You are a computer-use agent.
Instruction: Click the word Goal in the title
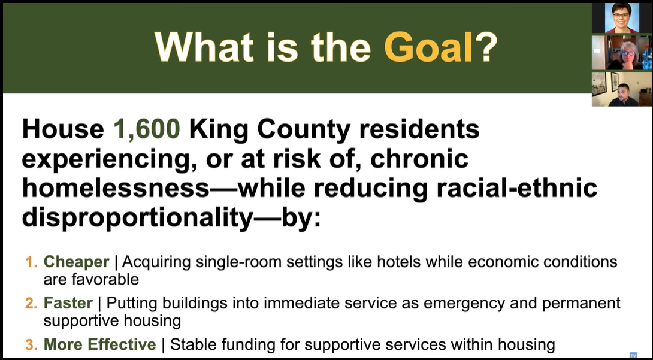(x=429, y=47)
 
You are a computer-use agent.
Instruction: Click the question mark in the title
(x=486, y=47)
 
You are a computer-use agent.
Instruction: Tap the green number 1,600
(x=147, y=129)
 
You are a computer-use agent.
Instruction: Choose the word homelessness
(x=116, y=187)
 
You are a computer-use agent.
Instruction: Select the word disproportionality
(x=136, y=217)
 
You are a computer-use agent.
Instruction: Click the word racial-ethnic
(x=508, y=187)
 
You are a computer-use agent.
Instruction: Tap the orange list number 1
(x=31, y=262)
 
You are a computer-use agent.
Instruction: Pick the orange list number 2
(x=31, y=303)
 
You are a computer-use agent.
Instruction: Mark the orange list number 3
(x=31, y=344)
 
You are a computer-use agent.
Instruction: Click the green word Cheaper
(x=76, y=262)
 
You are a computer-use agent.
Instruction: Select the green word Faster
(x=68, y=303)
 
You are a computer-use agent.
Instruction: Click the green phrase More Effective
(x=99, y=344)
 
